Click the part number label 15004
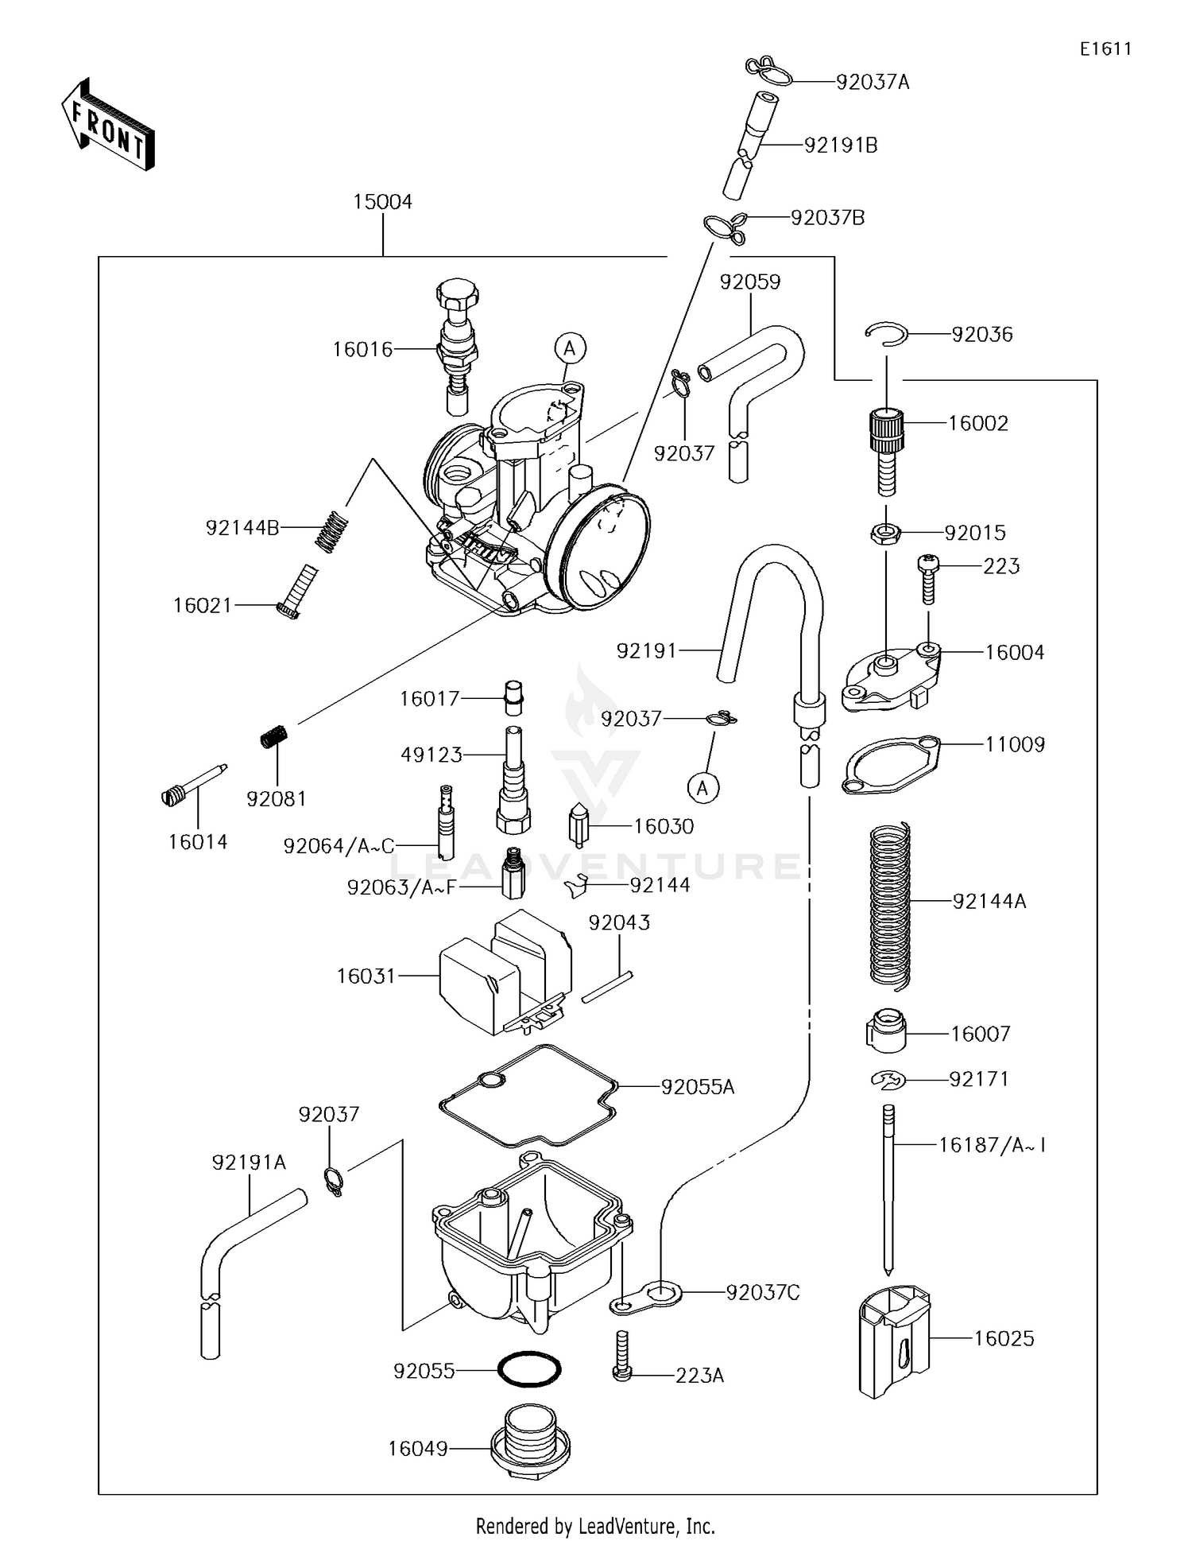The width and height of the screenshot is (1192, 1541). pos(382,202)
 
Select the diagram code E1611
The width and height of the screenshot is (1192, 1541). pos(1105,49)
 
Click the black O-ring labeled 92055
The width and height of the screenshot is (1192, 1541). pos(528,1370)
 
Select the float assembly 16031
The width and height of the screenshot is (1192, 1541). pos(501,974)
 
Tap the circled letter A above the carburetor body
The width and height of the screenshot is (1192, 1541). pos(570,347)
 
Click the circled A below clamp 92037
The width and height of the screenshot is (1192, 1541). pos(702,787)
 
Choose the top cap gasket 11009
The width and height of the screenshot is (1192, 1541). pos(890,765)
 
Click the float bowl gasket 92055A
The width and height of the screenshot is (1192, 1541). pos(528,1096)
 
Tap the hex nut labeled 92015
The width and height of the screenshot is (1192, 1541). pos(884,533)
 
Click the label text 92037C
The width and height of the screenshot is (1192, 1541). pos(762,1293)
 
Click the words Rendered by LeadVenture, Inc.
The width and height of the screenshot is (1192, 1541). pos(595,1525)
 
